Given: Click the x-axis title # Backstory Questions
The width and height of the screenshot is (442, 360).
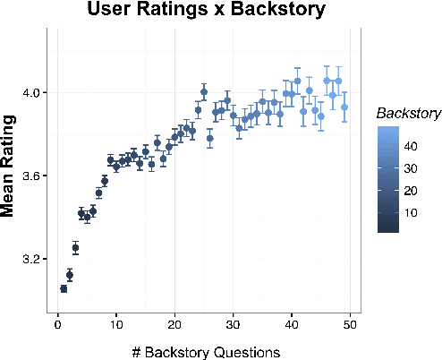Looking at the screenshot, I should tap(204, 351).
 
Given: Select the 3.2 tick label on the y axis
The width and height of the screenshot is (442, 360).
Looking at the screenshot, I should tap(31, 259).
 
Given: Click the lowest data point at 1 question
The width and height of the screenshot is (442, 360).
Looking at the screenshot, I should tap(64, 288).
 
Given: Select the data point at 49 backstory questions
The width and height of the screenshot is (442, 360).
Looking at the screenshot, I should tap(344, 107).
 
